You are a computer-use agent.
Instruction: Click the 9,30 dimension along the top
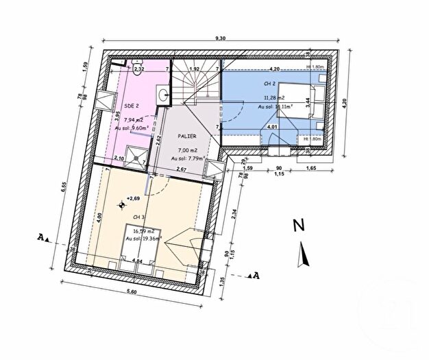tap(221, 39)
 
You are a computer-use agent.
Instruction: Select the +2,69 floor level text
tap(131, 199)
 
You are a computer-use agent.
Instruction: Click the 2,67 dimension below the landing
tap(182, 169)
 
